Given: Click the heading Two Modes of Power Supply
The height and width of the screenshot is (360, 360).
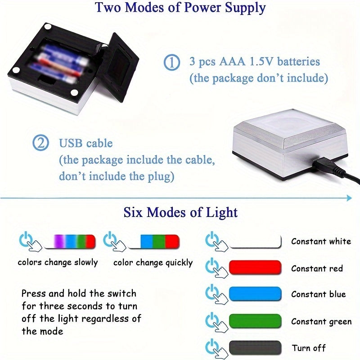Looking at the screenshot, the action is click(180, 7).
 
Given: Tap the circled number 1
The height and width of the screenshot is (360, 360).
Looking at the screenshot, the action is click(171, 62).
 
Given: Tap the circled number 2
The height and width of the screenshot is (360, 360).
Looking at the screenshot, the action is click(40, 143).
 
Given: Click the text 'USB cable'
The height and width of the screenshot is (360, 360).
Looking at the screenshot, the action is click(86, 143).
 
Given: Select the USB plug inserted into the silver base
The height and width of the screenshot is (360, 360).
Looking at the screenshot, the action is click(324, 164).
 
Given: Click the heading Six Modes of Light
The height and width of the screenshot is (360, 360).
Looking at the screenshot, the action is click(180, 212).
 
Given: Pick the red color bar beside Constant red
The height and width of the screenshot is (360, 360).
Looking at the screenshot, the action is click(255, 267).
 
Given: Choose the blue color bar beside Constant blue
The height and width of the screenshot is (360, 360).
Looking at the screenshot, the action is click(255, 294).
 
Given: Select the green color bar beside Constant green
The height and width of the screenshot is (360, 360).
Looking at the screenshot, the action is click(255, 321).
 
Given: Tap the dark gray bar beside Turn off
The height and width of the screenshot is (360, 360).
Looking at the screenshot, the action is click(255, 348).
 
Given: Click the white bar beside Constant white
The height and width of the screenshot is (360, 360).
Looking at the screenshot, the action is click(255, 241).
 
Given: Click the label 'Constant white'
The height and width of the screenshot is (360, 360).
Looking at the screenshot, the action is click(321, 241).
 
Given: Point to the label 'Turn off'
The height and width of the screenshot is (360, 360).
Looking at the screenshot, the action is click(309, 348).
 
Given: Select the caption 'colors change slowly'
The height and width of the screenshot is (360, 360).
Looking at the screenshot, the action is click(58, 262).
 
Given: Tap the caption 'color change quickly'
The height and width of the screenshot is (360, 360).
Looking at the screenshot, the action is click(153, 262).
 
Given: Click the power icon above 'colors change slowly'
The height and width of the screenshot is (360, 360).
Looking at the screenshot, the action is click(26, 239).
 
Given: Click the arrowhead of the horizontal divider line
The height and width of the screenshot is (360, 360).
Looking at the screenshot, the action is click(350, 198).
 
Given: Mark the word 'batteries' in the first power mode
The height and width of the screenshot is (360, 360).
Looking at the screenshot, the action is click(298, 62).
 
